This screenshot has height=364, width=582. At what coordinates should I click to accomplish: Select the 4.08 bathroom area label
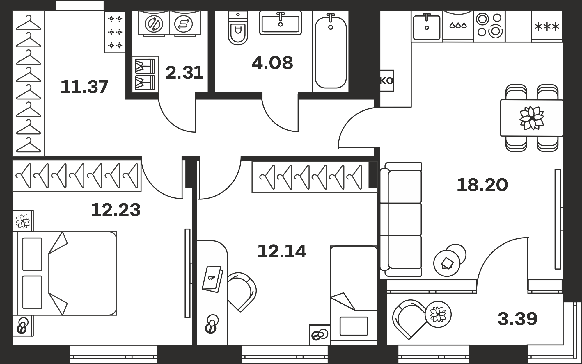pyautogui.click(x=272, y=63)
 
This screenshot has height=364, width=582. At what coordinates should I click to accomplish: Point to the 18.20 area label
pyautogui.click(x=482, y=185)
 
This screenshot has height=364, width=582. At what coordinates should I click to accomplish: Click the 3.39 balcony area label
pyautogui.click(x=517, y=319)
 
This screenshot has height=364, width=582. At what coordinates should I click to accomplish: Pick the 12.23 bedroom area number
pyautogui.click(x=116, y=210)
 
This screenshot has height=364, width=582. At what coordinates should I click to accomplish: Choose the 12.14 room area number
pyautogui.click(x=282, y=251)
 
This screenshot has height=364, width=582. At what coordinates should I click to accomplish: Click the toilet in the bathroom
pyautogui.click(x=238, y=28)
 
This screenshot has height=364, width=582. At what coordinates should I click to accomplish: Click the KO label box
pyautogui.click(x=387, y=81)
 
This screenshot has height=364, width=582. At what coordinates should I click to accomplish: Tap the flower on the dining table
pyautogui.click(x=532, y=118)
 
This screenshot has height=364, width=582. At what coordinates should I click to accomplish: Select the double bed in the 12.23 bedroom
pyautogui.click(x=65, y=273)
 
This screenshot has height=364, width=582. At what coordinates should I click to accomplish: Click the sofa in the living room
pyautogui.click(x=401, y=219)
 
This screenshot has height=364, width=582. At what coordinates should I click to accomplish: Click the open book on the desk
pyautogui.click(x=212, y=279)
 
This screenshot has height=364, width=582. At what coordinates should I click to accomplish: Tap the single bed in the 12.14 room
pyautogui.click(x=354, y=295)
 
